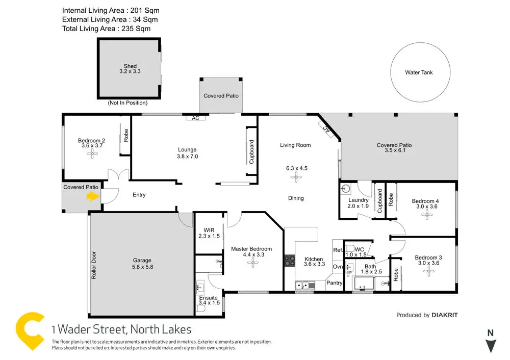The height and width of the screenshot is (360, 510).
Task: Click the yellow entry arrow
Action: click(x=92, y=197)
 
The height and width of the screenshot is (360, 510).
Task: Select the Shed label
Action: click(x=130, y=66)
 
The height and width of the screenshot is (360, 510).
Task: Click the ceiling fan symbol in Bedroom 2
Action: click(x=92, y=156)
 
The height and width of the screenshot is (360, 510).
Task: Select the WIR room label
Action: click(x=209, y=230)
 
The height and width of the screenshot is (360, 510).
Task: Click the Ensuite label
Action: click(x=209, y=298)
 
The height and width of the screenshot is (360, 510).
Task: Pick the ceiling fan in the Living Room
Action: click(x=296, y=177)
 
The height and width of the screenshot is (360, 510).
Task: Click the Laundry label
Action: click(x=358, y=200)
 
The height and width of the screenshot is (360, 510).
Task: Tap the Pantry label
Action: click(x=335, y=282)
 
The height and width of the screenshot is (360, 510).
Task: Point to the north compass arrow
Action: click(x=490, y=346)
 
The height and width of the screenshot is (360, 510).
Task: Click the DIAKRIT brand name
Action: click(x=445, y=315)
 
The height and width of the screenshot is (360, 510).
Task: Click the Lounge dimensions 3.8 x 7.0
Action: click(x=187, y=157)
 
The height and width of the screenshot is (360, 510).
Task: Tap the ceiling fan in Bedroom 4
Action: click(x=426, y=216)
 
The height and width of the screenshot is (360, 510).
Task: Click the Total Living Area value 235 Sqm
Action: click(x=135, y=29)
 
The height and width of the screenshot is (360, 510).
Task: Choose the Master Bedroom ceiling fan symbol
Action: click(x=251, y=263)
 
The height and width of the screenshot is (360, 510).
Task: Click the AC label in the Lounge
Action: click(x=195, y=118)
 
